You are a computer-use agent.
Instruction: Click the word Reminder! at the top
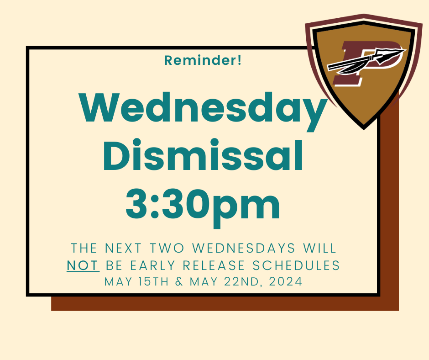point(203,60)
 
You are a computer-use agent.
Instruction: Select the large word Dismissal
point(203,155)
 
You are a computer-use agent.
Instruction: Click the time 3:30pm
point(203,207)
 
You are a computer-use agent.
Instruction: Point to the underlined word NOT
point(83,265)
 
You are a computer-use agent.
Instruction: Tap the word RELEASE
point(214,265)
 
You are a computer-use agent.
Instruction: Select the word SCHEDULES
point(296,265)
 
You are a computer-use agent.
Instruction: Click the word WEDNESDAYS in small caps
point(244,248)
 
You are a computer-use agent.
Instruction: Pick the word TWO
point(167,248)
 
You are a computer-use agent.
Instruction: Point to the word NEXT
point(123,248)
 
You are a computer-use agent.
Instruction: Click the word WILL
point(319,248)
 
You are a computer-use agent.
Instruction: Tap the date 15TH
point(153,281)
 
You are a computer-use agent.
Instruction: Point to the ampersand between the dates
point(179,281)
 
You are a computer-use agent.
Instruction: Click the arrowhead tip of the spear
point(406,50)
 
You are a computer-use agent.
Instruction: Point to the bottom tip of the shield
point(364,129)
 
